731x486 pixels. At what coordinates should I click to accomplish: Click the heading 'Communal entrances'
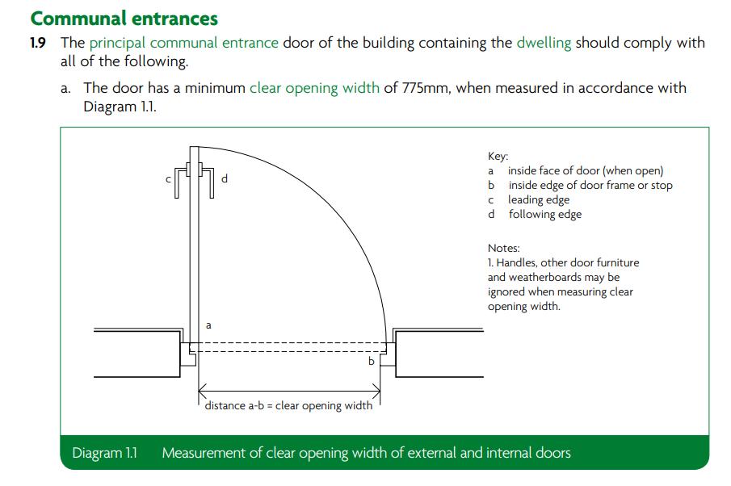124,18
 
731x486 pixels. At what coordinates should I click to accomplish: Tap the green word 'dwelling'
544,43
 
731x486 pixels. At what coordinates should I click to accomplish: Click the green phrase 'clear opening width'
314,87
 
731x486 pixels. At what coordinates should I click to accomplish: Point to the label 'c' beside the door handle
169,179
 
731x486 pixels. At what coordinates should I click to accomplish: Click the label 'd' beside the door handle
225,178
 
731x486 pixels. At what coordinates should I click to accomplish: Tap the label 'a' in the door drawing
208,325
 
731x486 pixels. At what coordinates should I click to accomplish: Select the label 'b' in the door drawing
372,361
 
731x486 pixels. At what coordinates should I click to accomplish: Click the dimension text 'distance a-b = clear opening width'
288,405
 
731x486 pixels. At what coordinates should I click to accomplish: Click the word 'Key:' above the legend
498,157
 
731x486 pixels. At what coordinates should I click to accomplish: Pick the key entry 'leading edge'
539,199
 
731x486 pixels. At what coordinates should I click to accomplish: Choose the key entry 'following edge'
544,214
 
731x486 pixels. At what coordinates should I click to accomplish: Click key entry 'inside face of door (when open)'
585,170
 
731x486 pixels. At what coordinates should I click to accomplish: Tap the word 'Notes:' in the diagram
504,248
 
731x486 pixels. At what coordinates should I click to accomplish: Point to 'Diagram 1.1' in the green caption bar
104,453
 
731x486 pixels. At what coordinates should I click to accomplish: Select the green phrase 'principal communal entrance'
184,43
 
